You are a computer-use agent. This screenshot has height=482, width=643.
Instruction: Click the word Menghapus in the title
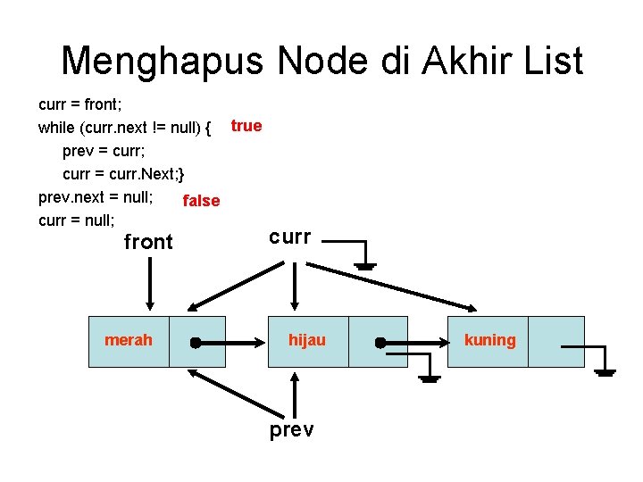click(x=163, y=61)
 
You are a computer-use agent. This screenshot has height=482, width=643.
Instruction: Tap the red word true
click(x=246, y=126)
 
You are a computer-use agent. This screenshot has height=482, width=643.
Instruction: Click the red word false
click(x=201, y=201)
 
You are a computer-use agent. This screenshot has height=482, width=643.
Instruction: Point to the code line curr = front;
click(x=80, y=104)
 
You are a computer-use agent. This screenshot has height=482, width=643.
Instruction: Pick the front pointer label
click(x=148, y=242)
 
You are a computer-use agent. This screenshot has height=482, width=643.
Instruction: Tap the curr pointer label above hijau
click(x=290, y=237)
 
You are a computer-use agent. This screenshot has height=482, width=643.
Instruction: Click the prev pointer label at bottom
click(x=291, y=431)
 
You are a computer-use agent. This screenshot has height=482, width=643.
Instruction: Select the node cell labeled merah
click(x=128, y=340)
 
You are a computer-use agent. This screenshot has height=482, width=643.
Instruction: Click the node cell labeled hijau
click(x=307, y=340)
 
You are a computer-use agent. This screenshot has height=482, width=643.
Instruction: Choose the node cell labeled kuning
click(x=489, y=340)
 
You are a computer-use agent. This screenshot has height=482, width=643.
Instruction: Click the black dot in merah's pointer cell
click(x=195, y=342)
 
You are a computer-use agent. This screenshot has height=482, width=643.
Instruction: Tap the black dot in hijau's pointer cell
click(x=380, y=342)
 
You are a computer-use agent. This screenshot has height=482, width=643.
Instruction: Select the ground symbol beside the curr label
click(x=367, y=262)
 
